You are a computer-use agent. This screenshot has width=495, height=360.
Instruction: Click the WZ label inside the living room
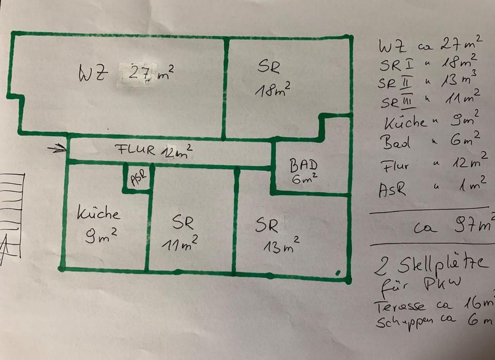point(93,74)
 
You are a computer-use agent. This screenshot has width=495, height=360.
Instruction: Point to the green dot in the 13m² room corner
point(338,272)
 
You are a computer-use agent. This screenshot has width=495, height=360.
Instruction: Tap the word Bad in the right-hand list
point(395,141)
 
